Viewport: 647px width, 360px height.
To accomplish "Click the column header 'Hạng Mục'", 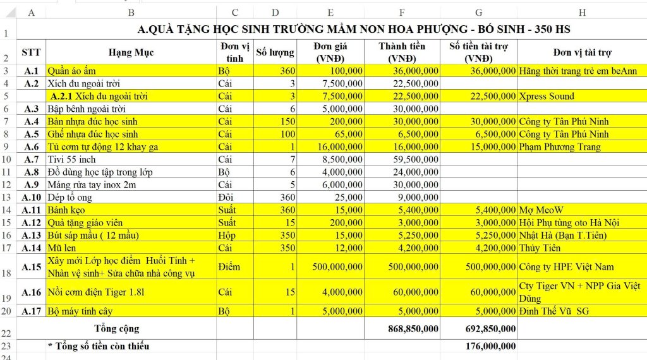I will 131,52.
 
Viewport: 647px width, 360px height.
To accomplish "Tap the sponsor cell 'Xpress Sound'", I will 547,96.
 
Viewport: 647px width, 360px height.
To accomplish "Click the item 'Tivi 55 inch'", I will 72,159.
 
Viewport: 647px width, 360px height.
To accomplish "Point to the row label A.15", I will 32,267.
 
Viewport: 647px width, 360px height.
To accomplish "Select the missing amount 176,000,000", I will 487,346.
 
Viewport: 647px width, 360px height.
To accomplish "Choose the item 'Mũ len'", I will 65,248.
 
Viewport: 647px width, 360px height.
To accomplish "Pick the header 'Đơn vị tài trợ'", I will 582,52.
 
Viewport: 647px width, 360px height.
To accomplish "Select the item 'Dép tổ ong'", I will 71,197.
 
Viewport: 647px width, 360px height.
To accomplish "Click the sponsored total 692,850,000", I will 487,328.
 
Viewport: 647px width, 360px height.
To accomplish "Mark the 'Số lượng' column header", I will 275,52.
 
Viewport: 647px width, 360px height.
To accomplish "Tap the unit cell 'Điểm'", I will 229,267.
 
